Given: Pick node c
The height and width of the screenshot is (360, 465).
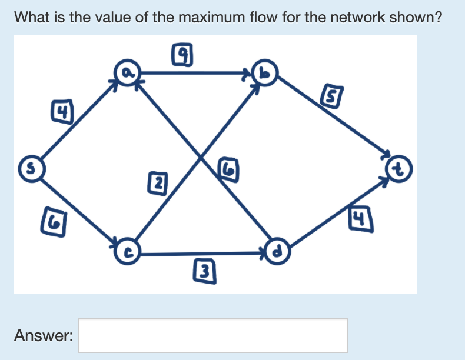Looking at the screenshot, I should pyautogui.click(x=127, y=251).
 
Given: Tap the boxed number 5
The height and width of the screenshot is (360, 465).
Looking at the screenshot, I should pyautogui.click(x=330, y=94).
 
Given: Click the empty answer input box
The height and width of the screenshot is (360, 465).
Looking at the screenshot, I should pyautogui.click(x=212, y=335).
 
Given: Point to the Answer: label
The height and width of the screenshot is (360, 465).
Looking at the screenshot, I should pyautogui.click(x=44, y=336).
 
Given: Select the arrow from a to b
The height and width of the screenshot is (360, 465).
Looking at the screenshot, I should pyautogui.click(x=194, y=74).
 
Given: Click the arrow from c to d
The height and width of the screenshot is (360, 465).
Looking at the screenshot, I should pyautogui.click(x=200, y=254).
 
